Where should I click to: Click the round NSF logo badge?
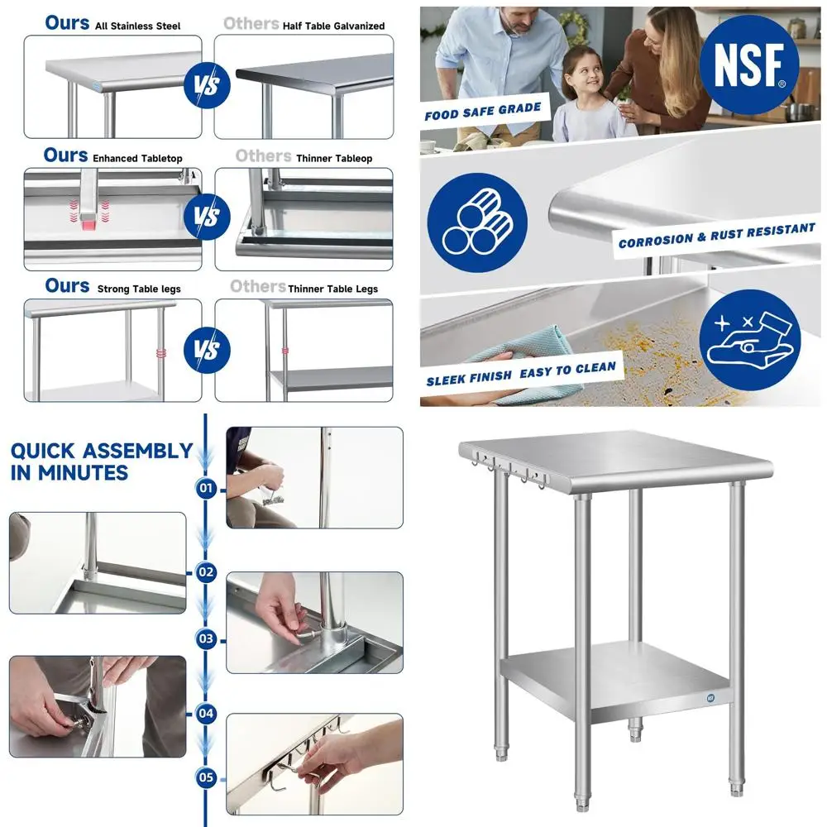748,65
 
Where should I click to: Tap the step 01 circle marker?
206,489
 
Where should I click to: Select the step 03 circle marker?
206,638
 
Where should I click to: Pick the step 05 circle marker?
206,777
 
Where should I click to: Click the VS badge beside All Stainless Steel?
208,85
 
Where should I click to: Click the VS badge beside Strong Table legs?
208,350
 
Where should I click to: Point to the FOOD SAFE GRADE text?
483,111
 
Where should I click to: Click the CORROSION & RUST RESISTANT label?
716,235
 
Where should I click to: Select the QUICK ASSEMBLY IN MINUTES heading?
101,461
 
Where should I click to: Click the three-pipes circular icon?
478,222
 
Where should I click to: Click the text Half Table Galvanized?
333,26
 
